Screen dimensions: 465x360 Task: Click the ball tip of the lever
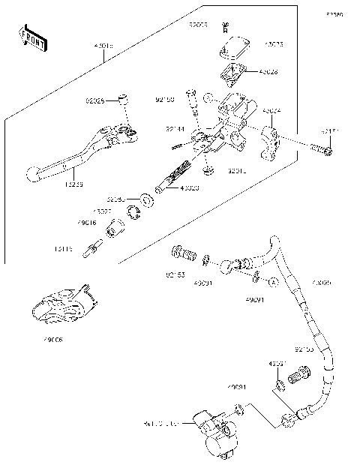point(33,174)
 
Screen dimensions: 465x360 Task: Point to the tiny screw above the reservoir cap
point(224,26)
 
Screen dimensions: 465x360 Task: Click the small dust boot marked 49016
point(114,227)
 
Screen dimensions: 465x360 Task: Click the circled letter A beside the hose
point(274,282)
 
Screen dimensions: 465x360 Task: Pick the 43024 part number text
point(271,110)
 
